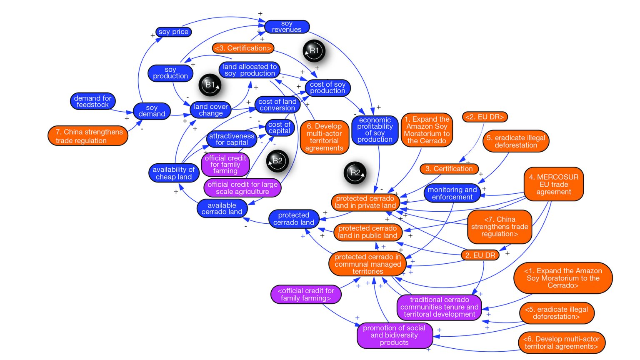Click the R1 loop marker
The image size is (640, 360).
pyautogui.click(x=314, y=51)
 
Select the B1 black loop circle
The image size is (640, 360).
pyautogui.click(x=210, y=85)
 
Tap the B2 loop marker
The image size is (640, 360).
pyautogui.click(x=277, y=161)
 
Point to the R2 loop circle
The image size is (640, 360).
pyautogui.click(x=355, y=172)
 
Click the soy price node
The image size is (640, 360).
pyautogui.click(x=173, y=32)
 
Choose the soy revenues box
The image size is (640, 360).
pyautogui.click(x=287, y=27)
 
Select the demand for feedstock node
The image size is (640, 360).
pyautogui.click(x=92, y=101)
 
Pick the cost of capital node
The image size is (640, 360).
pyautogui.click(x=279, y=127)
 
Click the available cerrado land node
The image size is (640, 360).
pyautogui.click(x=222, y=208)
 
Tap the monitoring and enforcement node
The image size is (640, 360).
pyautogui.click(x=452, y=193)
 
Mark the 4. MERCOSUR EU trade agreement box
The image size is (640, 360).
pyautogui.click(x=553, y=184)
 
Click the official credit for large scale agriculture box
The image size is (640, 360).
pyautogui.click(x=242, y=188)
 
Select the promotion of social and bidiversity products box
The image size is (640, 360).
pyautogui.click(x=394, y=335)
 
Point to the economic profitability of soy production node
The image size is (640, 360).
pyautogui.click(x=375, y=130)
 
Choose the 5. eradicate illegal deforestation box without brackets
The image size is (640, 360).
pyautogui.click(x=516, y=141)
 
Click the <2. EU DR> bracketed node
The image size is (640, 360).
pyautogui.click(x=485, y=117)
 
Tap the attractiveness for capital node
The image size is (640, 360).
pyautogui.click(x=232, y=139)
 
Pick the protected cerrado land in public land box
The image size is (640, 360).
pyautogui.click(x=367, y=232)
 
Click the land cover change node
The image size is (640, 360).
pyautogui.click(x=210, y=110)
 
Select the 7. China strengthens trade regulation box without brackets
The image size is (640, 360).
pyautogui.click(x=88, y=136)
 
